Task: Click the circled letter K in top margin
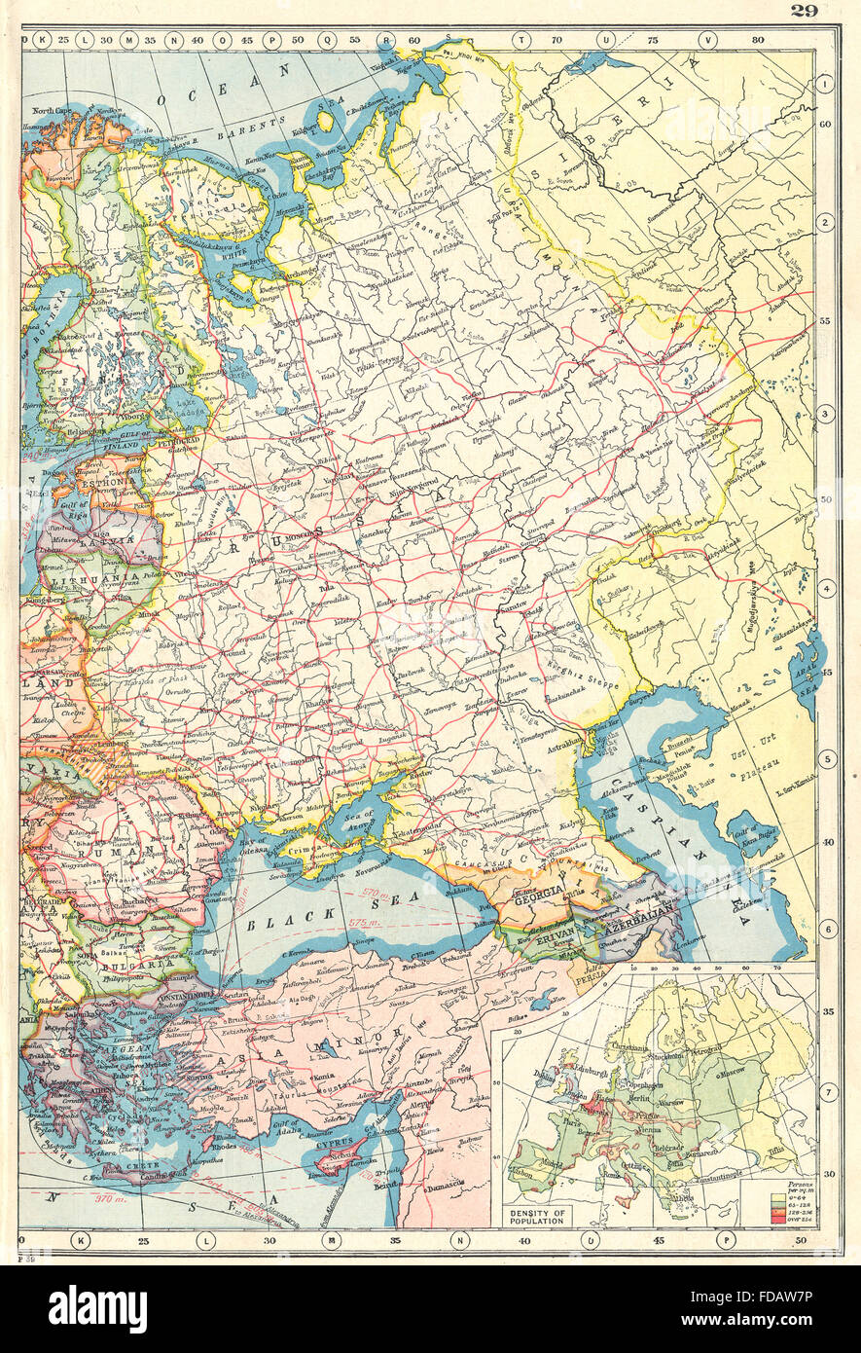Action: pyautogui.click(x=43, y=40)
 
